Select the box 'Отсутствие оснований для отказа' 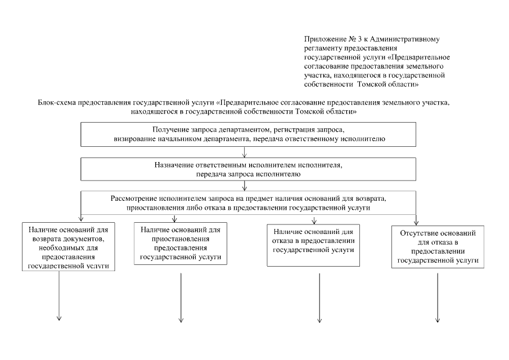click(438, 246)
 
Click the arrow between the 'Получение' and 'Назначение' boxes click(245, 153)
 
